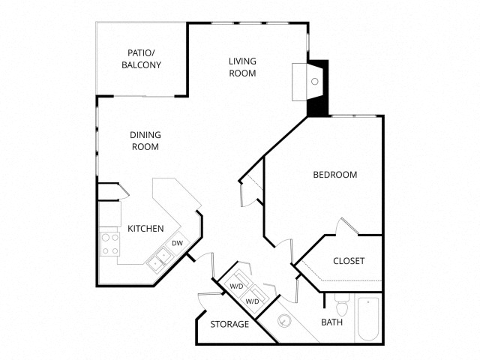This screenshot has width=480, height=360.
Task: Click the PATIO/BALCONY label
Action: coord(141,59)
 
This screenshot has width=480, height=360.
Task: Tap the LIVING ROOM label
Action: coord(242,67)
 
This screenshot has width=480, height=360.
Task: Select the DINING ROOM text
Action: coord(145,141)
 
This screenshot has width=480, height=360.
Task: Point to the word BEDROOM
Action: coord(334,175)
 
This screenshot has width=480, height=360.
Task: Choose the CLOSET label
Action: coord(349,261)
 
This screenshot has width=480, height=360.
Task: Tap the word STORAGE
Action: coord(229,324)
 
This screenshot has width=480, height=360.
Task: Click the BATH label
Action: coord(331,323)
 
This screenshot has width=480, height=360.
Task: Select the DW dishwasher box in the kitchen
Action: coord(178,243)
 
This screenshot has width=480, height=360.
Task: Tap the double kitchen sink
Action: coord(158,260)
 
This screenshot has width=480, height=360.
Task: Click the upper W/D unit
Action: coord(238,283)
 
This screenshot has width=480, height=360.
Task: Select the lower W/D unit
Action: coord(253,298)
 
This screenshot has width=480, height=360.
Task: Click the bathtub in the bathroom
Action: coord(368,320)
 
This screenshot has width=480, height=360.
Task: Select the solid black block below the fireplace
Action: coord(318,105)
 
